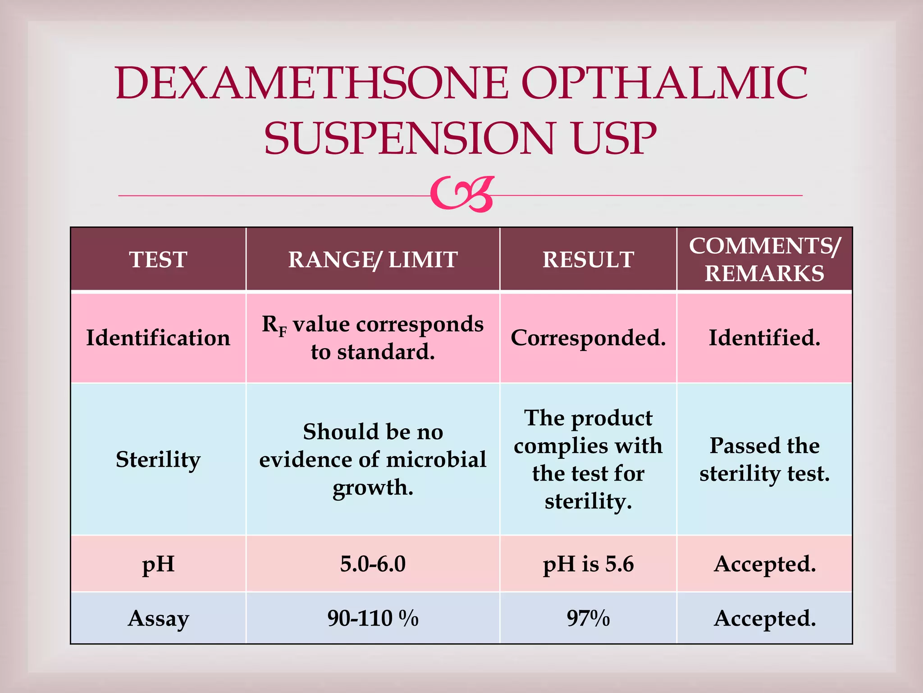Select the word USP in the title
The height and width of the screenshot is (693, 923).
pyautogui.click(x=614, y=138)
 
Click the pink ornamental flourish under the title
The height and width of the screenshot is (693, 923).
pyautogui.click(x=462, y=194)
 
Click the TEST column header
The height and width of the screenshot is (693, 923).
pyautogui.click(x=158, y=259)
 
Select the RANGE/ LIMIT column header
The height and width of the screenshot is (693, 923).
pyautogui.click(x=373, y=259)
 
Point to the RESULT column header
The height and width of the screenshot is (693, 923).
pyautogui.click(x=588, y=259)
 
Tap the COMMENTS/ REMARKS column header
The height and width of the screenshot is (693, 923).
pyautogui.click(x=764, y=259)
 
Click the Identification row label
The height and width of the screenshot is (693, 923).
pyautogui.click(x=158, y=337)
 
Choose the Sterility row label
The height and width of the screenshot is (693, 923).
pyautogui.click(x=158, y=459)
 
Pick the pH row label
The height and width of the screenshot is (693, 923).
pyautogui.click(x=158, y=564)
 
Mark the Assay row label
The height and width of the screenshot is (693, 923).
pyautogui.click(x=158, y=618)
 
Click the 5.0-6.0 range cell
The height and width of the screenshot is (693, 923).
pyautogui.click(x=373, y=564)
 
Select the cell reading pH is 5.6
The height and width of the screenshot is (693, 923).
pyautogui.click(x=588, y=564)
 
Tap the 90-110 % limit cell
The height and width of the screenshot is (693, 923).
pyautogui.click(x=373, y=618)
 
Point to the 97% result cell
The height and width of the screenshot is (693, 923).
pyautogui.click(x=588, y=618)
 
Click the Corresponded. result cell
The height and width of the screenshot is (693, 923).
pyautogui.click(x=588, y=337)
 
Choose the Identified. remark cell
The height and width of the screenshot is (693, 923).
pyautogui.click(x=764, y=337)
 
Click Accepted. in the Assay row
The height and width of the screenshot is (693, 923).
pyautogui.click(x=764, y=618)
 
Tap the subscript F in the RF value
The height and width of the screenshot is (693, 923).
pyautogui.click(x=283, y=333)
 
